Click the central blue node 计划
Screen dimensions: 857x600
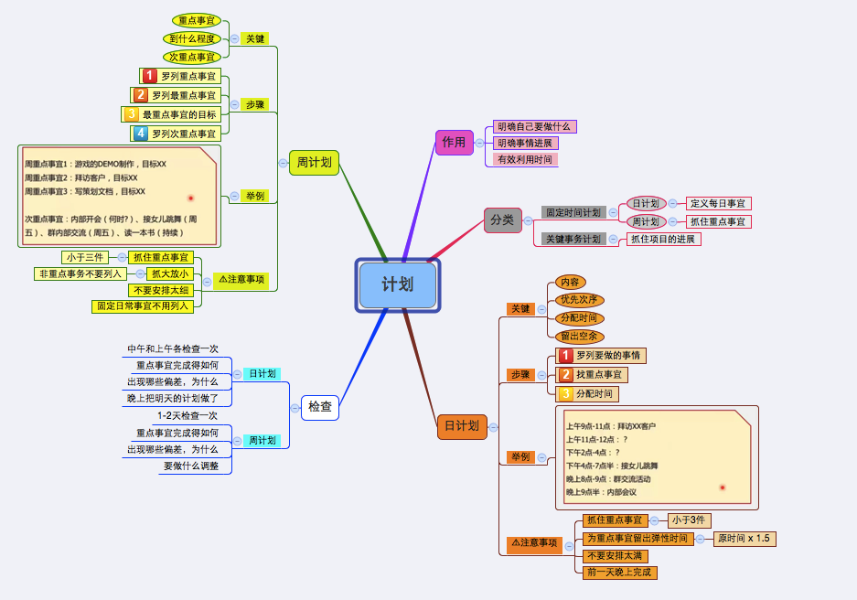397,285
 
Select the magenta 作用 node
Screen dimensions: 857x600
454,143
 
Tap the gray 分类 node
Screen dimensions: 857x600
502,220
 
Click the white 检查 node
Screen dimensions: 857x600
320,407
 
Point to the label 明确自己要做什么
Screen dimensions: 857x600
534,127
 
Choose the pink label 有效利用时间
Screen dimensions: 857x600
525,159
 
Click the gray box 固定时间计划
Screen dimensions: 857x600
573,212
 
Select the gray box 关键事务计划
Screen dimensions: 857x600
573,240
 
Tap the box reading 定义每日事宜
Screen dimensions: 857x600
718,204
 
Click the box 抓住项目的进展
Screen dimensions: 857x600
663,240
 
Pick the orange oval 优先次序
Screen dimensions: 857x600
579,300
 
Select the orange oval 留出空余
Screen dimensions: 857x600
579,337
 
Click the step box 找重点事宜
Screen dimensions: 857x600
592,375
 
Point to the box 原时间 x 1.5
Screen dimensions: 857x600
745,539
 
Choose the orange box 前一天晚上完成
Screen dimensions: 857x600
620,573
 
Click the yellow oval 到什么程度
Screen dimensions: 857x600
192,38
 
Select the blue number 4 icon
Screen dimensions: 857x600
141,134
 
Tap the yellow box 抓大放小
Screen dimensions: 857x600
170,273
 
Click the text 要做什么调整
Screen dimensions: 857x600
191,466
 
